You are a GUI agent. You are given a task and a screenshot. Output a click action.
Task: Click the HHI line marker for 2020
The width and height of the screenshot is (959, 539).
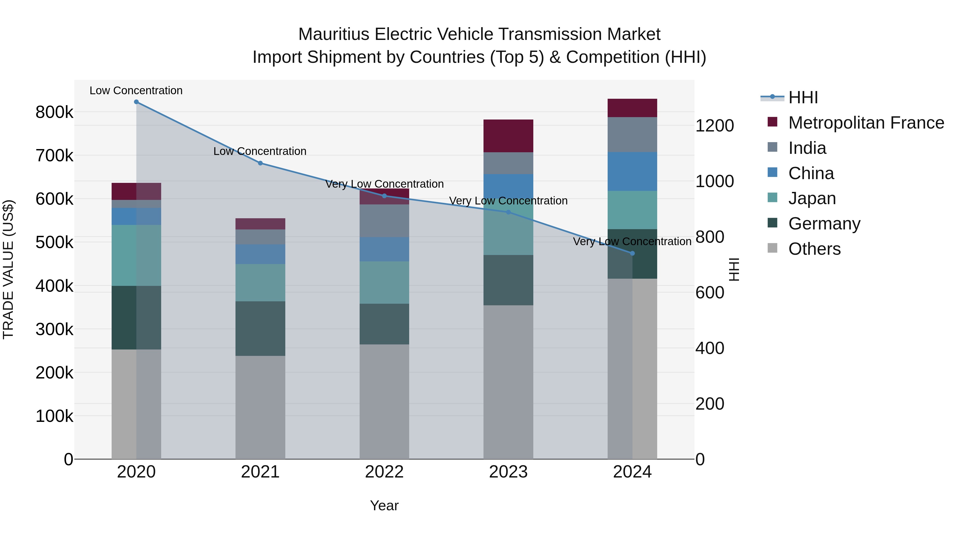136,102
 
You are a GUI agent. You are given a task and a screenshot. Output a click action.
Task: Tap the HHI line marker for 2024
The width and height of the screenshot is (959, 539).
632,253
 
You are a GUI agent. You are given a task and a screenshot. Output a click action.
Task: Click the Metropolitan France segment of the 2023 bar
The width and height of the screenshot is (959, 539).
508,136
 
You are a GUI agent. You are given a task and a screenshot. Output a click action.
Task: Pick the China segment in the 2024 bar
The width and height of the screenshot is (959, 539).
632,171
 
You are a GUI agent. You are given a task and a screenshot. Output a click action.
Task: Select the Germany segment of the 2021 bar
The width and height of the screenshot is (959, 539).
260,328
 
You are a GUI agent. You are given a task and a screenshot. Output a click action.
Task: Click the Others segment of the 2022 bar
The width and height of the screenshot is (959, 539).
384,402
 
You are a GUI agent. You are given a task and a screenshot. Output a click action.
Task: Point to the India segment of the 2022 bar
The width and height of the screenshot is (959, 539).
384,221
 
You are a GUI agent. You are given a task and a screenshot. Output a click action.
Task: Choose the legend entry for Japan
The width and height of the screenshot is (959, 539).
812,198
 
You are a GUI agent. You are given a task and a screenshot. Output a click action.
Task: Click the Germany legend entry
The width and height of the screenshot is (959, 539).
824,224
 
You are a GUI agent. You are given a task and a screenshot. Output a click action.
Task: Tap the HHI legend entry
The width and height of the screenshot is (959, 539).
803,97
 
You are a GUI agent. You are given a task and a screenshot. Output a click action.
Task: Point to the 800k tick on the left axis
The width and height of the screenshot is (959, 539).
54,112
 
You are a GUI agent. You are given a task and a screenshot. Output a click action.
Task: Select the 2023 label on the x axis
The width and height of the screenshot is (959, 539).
508,472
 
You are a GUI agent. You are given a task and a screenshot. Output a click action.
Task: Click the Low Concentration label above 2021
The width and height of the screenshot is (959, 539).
260,151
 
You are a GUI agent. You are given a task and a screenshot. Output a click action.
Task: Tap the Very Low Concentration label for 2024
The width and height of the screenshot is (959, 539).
632,242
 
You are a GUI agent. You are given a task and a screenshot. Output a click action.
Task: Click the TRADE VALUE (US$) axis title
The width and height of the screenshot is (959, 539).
8,269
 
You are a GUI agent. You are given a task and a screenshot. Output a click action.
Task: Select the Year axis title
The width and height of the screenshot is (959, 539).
384,505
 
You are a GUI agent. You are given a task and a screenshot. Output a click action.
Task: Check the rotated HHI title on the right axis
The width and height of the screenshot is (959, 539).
734,269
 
